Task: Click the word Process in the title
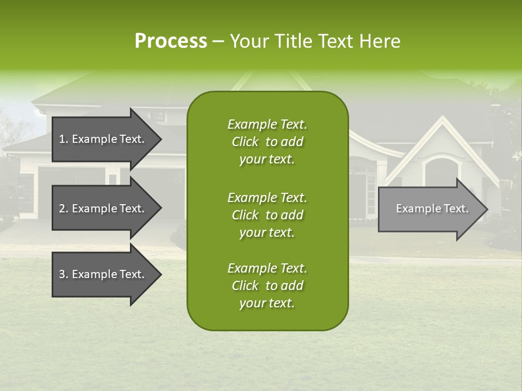pos(171,41)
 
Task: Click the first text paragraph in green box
pos(267,142)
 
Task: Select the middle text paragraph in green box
pos(267,215)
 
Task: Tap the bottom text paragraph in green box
pos(267,286)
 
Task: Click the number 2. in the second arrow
pos(64,209)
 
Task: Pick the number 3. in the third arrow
pos(64,274)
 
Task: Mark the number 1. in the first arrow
pos(64,139)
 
